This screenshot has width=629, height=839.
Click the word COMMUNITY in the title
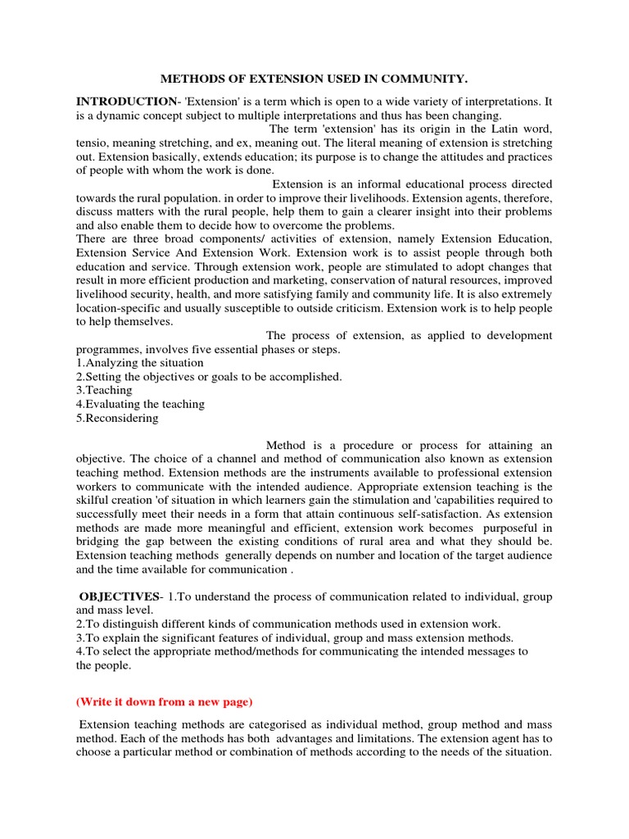[x=422, y=79]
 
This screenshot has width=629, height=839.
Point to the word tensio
[x=92, y=143]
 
